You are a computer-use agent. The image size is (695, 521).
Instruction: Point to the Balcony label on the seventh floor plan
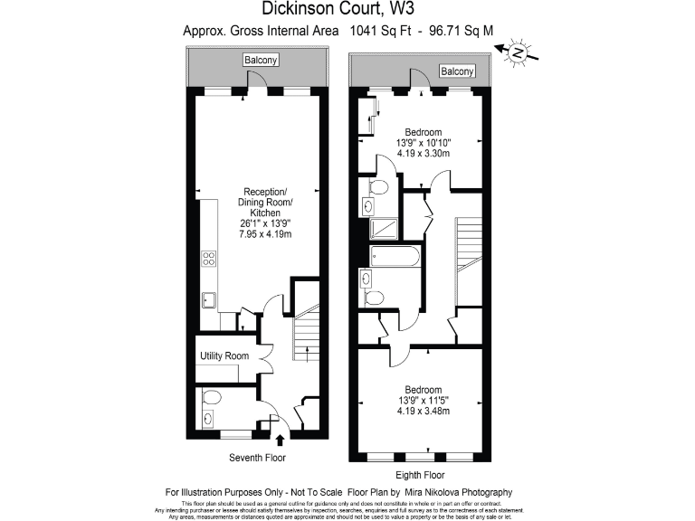click(x=261, y=61)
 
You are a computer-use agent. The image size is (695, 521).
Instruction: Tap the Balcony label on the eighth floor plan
click(x=457, y=71)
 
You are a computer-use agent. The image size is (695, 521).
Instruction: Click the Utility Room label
click(x=224, y=356)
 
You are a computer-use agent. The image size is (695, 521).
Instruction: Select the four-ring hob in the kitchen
click(x=208, y=260)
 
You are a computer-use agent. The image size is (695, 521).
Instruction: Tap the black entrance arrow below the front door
click(x=280, y=440)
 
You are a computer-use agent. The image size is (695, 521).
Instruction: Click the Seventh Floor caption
click(x=258, y=458)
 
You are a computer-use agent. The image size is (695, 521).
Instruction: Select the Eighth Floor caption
click(x=422, y=475)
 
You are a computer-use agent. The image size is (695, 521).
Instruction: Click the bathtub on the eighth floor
click(x=395, y=257)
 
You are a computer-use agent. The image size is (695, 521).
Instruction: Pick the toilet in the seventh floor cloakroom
click(x=212, y=397)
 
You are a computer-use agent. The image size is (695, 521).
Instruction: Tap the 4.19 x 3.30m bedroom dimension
click(x=424, y=154)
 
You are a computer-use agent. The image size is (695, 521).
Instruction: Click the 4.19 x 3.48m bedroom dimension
click(x=424, y=412)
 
